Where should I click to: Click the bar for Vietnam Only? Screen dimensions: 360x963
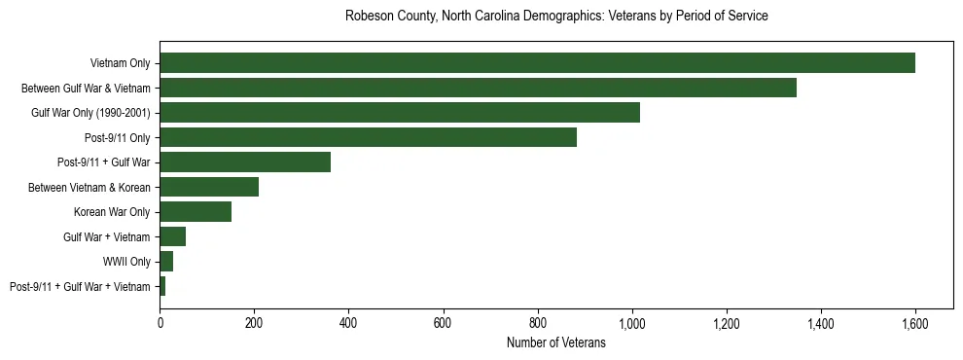pos(537,63)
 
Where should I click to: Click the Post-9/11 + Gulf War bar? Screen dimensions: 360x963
pos(245,162)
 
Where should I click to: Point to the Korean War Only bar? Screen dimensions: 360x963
pos(196,212)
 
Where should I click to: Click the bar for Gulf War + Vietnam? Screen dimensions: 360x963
pos(173,236)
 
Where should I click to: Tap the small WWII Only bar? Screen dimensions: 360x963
pos(166,262)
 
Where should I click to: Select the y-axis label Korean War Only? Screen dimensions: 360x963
pos(112,212)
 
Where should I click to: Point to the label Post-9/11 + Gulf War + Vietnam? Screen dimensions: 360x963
pos(80,287)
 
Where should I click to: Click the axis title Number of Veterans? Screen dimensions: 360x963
pos(556,342)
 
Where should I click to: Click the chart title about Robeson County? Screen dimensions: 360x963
pos(556,17)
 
